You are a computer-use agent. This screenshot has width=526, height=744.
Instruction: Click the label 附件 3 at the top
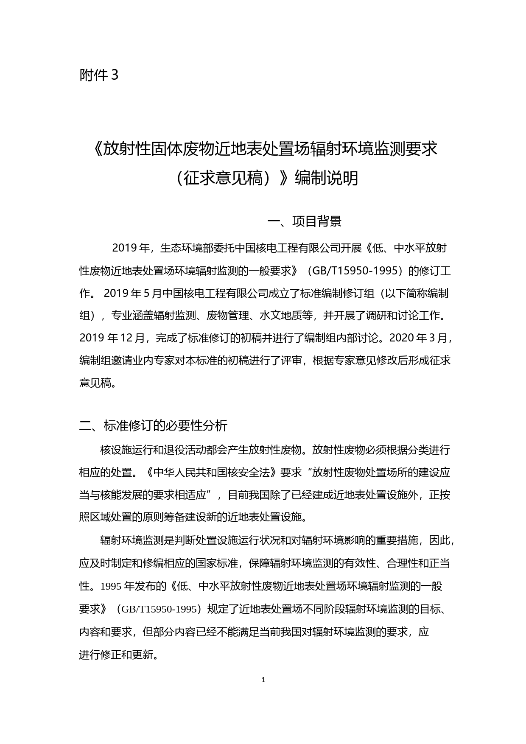(x=99, y=76)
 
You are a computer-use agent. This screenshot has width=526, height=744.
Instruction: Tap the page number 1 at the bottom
(x=263, y=680)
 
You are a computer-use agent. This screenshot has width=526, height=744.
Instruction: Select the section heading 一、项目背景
(x=305, y=221)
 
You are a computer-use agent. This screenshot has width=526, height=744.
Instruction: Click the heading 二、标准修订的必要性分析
(x=154, y=426)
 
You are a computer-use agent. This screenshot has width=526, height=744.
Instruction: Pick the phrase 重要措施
(x=397, y=540)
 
